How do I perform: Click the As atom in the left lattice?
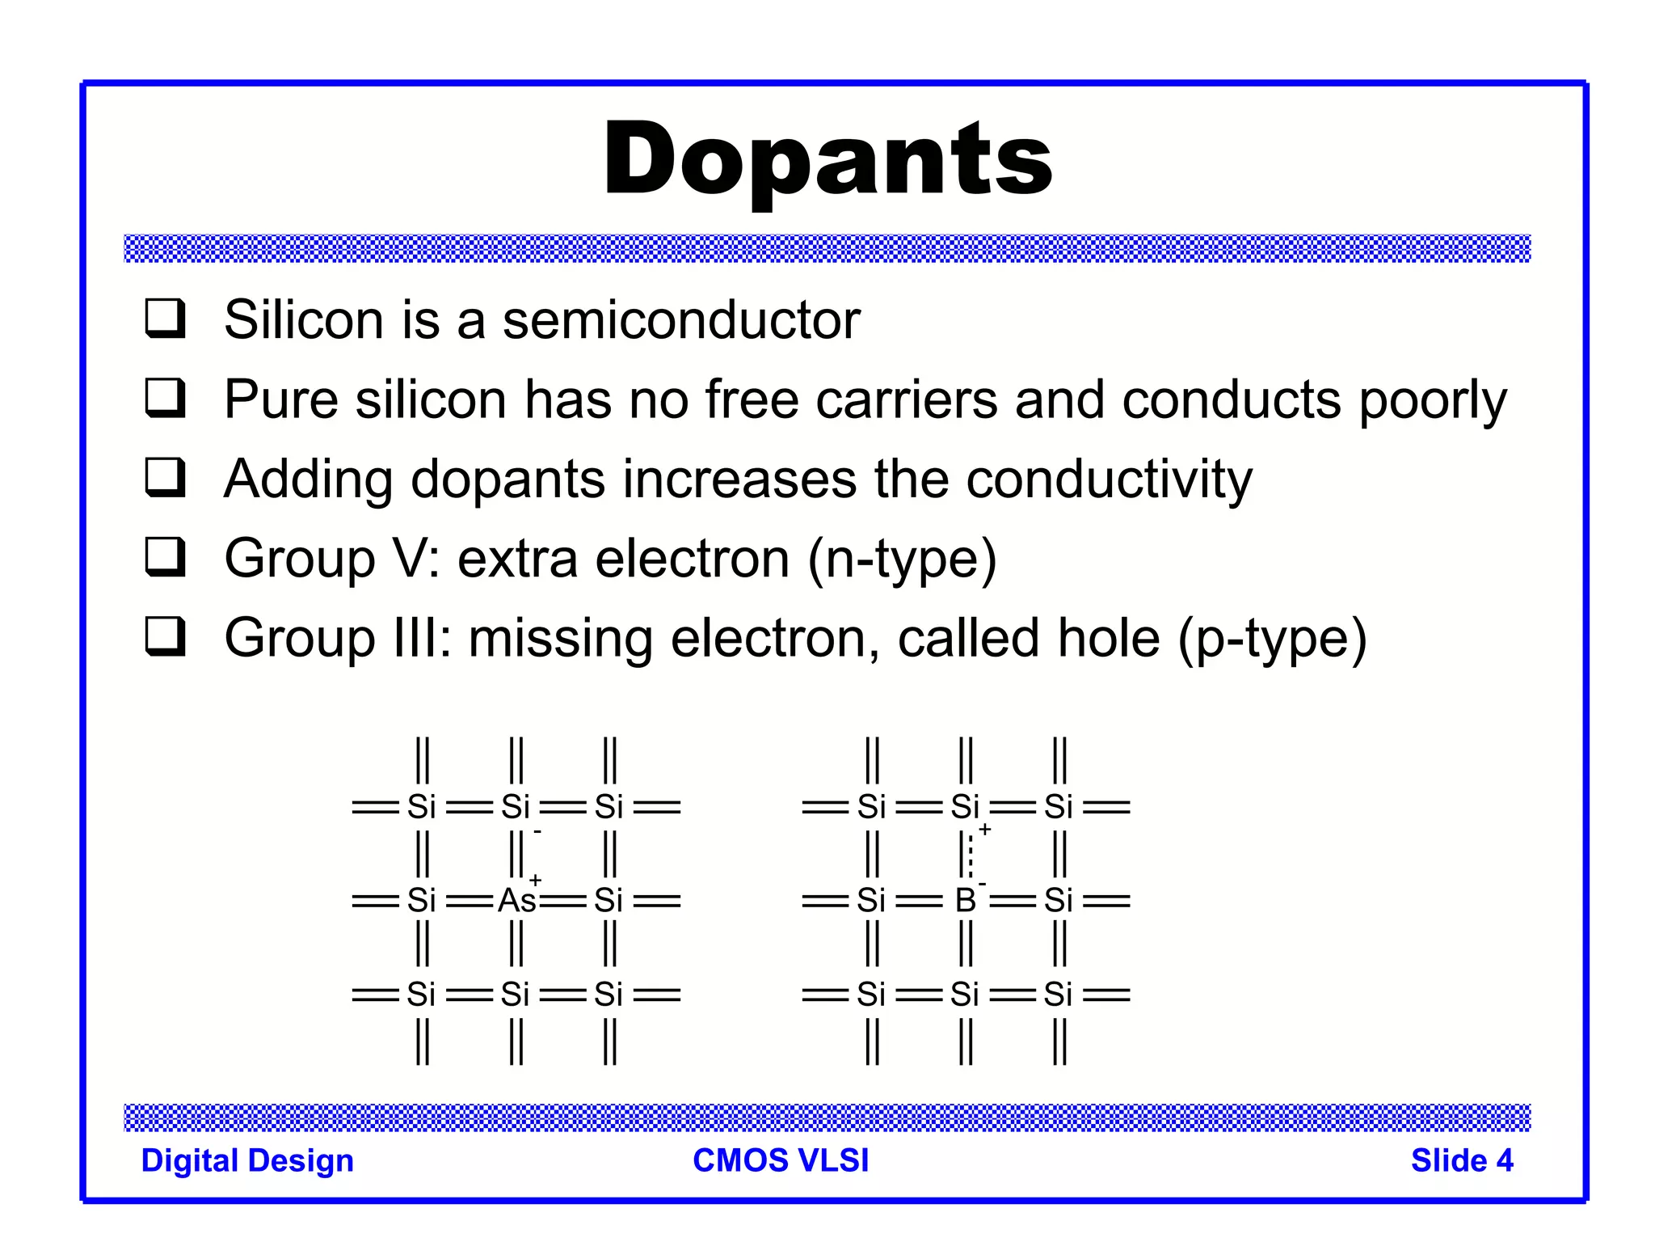(516, 900)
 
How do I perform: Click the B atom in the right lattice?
(965, 900)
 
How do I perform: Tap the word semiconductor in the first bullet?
(681, 320)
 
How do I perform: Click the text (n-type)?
(903, 559)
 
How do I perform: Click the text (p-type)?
(1272, 639)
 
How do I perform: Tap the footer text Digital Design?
(247, 1160)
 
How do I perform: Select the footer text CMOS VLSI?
(781, 1160)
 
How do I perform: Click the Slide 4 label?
(1462, 1160)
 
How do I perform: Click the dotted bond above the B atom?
(971, 855)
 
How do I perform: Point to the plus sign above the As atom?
(535, 879)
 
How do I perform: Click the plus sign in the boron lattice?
(985, 829)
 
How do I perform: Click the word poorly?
(1433, 400)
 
